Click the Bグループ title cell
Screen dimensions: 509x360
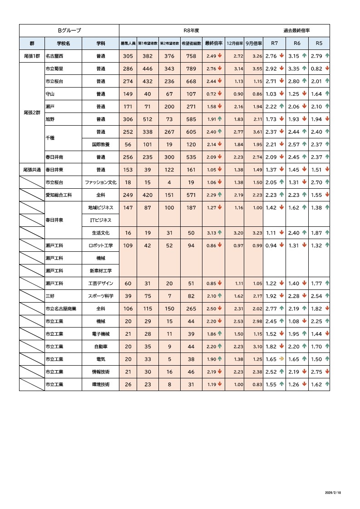69,30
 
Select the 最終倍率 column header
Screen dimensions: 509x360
214,44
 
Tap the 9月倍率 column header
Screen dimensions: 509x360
254,44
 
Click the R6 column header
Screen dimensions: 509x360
297,44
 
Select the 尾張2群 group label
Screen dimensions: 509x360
32,113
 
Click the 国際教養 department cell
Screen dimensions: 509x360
101,145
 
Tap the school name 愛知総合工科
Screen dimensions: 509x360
59,195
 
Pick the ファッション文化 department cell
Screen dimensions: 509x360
101,182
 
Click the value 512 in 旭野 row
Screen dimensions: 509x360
148,119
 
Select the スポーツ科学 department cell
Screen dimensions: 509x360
101,296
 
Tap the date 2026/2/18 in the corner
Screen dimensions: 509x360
333,492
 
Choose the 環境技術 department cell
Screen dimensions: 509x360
101,385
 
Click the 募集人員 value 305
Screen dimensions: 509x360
128,56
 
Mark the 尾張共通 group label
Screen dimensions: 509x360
32,170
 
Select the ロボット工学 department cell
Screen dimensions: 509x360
101,245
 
